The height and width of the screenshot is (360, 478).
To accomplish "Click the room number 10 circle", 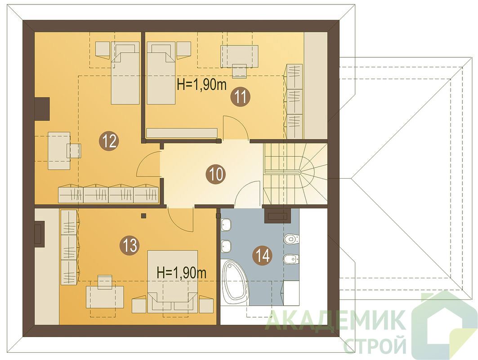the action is [216, 174].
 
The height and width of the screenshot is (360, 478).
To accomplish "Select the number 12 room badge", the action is [110, 141].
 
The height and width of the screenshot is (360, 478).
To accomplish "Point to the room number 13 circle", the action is [130, 245].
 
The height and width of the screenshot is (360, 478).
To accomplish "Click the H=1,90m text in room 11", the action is [202, 85].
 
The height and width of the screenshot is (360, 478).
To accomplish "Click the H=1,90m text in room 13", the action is [181, 272].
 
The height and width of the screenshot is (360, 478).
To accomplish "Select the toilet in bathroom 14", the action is [291, 239].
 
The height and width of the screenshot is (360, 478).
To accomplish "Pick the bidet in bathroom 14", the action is [291, 260].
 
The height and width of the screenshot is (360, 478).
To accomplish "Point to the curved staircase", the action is [295, 174].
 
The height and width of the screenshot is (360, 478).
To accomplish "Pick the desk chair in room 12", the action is [74, 150].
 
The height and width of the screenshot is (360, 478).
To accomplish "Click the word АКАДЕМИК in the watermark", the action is [335, 320].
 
